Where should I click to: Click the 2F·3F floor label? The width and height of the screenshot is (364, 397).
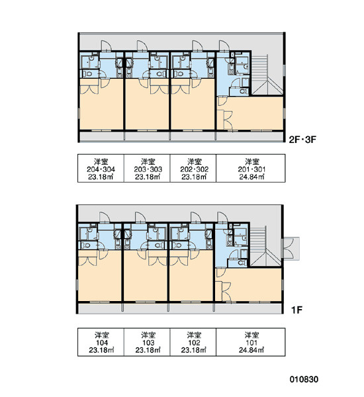302,140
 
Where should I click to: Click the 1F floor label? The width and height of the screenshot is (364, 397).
297,310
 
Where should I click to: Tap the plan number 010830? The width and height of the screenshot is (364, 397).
304,379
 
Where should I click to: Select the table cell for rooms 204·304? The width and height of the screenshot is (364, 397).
101,168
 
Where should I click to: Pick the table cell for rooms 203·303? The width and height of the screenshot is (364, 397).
147,168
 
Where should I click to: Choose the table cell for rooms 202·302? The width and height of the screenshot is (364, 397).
193,168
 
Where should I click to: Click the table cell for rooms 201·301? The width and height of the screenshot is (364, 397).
251,168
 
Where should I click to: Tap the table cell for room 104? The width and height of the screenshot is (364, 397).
101,342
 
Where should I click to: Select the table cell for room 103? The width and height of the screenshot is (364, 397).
147,342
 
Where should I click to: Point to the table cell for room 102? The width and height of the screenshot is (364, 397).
193,342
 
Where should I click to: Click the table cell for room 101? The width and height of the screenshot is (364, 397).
251,342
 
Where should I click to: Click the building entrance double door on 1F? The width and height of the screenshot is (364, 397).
291,249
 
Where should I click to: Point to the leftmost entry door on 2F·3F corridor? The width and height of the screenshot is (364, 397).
106,46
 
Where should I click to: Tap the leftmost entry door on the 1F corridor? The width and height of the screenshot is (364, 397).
105,218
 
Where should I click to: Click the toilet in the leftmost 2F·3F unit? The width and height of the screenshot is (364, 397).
87,74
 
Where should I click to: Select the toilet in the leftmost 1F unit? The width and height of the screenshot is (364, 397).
86,245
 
